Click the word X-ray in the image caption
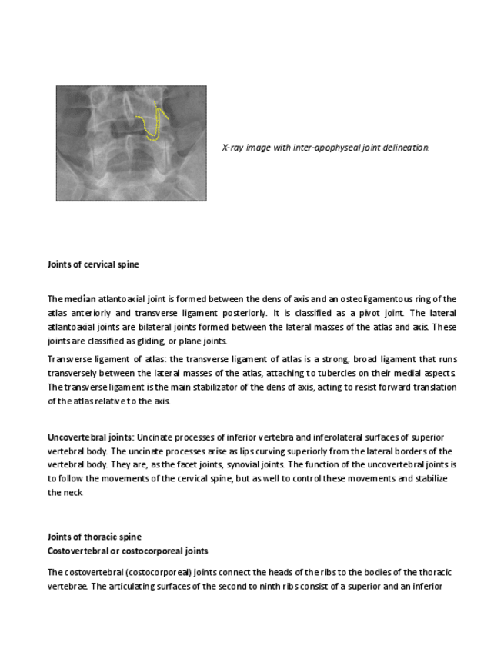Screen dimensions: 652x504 click(x=232, y=147)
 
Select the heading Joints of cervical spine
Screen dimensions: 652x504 click(x=93, y=264)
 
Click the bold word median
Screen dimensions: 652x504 click(x=79, y=299)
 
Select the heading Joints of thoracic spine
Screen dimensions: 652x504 click(x=94, y=537)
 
